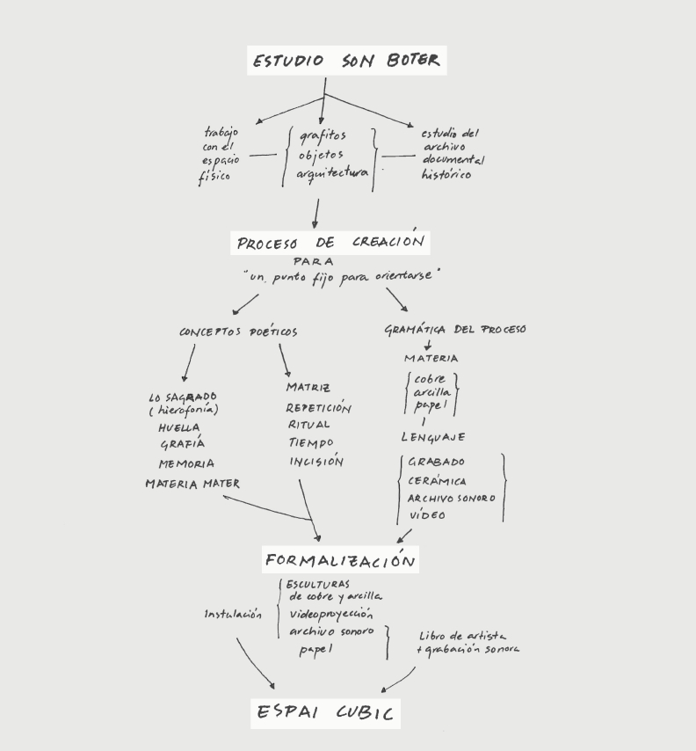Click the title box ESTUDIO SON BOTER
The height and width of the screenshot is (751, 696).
pos(346,61)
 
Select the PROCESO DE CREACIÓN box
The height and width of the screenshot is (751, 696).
pos(330,242)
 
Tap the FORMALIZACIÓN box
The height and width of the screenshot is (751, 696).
pos(339,559)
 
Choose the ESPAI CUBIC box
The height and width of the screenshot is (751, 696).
pos(326,711)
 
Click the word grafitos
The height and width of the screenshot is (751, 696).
pos(323,136)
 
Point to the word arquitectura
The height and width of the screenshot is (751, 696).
pos(332,174)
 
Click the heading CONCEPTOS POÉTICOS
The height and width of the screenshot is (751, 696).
pos(238,332)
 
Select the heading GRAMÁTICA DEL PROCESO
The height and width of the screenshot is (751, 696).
pos(455,330)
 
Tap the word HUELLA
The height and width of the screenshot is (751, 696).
pos(179,428)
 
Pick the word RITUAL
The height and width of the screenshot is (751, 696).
pos(310,425)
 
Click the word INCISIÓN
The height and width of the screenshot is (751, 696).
pos(316,462)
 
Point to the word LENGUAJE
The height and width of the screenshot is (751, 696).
pos(433,437)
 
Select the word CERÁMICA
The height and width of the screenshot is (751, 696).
pos(437,481)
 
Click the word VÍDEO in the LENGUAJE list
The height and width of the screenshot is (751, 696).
pos(427,515)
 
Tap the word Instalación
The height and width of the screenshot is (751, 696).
pos(233,614)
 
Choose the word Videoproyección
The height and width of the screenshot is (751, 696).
pos(331,614)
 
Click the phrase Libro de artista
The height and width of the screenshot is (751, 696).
pos(462,636)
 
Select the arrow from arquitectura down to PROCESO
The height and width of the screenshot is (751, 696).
pos(315,214)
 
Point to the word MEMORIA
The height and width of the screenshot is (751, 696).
pos(186,463)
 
